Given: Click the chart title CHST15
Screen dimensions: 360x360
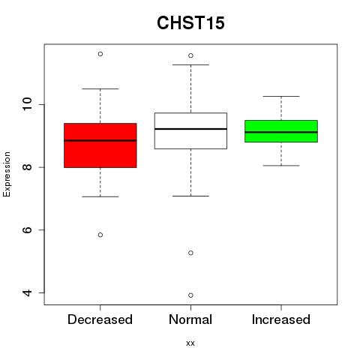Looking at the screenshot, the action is [190, 22].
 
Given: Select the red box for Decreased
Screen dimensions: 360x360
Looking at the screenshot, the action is [100, 145].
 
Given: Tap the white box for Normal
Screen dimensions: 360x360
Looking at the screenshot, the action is [190, 130].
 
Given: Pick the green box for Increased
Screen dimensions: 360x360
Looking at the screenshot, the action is [281, 131].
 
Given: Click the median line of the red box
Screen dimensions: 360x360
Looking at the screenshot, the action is [100, 140].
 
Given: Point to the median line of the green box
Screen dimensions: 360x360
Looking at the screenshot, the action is [281, 132].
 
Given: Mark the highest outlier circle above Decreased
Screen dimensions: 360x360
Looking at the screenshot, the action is [100, 54].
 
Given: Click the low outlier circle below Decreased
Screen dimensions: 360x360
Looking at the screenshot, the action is [100, 235].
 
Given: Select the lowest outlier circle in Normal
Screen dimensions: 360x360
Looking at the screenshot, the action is [190, 295].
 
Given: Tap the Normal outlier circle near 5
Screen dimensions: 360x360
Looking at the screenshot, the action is [190, 253].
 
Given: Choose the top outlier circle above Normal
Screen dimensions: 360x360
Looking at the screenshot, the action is [190, 55].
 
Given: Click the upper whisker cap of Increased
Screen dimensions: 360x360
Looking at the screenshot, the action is [281, 96].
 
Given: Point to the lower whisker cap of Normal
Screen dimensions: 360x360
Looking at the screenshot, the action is [190, 196].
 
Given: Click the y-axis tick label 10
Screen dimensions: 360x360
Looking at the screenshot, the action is [27, 104].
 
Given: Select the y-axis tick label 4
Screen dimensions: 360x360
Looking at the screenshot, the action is [27, 292].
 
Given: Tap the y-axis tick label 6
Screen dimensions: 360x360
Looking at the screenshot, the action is [27, 229].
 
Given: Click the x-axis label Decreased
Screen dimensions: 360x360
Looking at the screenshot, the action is [100, 319].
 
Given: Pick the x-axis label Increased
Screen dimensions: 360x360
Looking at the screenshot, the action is [281, 319].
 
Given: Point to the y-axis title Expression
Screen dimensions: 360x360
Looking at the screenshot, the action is [7, 174].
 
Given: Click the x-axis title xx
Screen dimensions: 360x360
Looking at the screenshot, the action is [190, 343].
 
